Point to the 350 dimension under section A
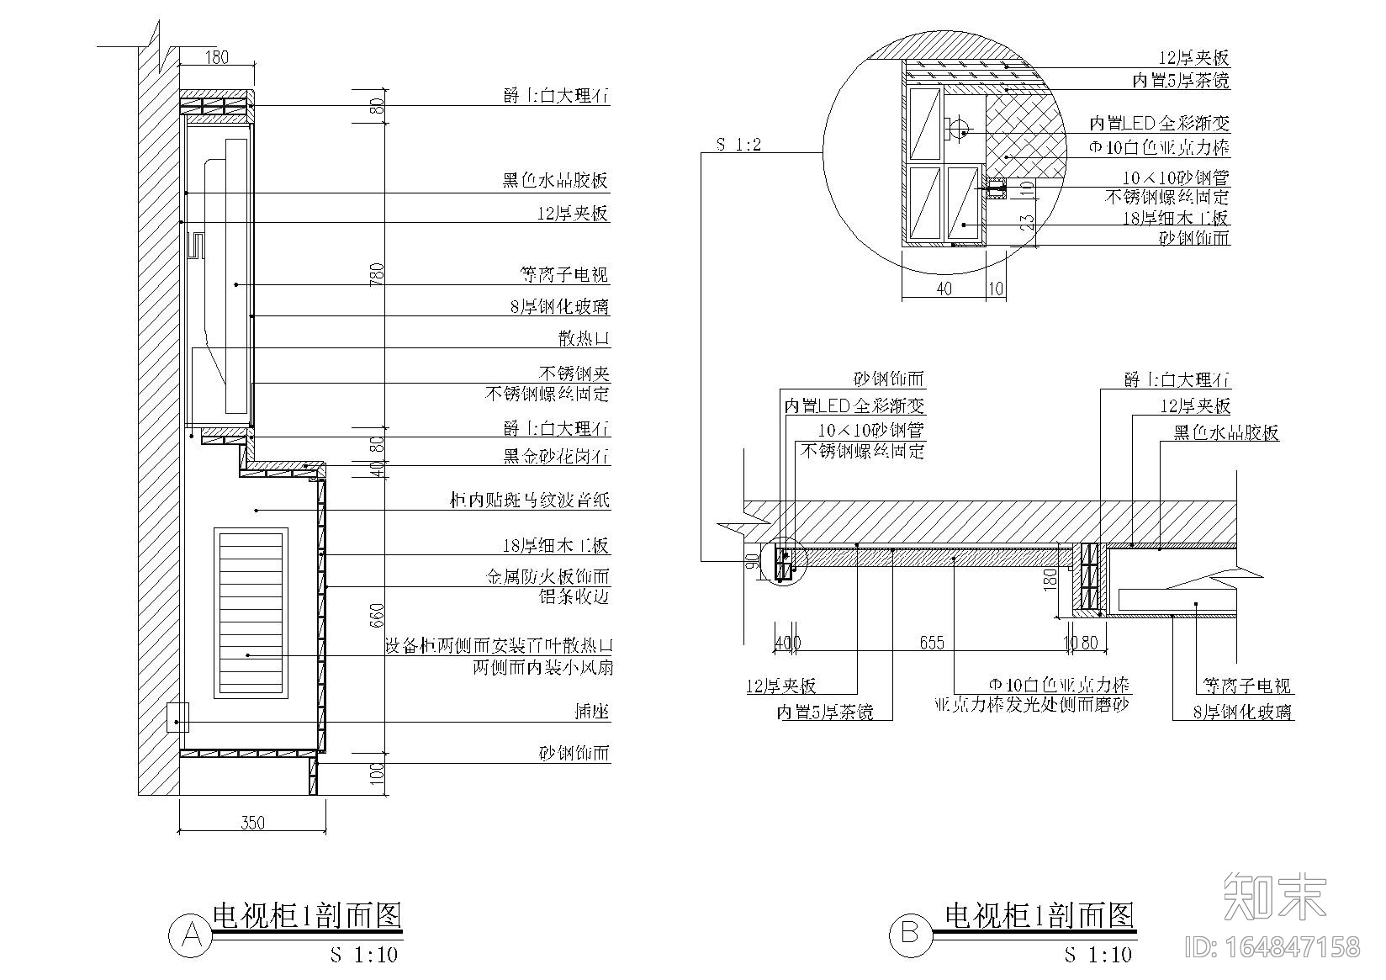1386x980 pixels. (x=252, y=822)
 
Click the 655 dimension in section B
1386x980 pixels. (x=931, y=643)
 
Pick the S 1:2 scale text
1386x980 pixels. (x=738, y=144)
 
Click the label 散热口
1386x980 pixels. (x=584, y=339)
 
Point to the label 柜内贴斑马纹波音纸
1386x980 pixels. (x=529, y=501)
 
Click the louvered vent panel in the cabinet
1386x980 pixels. (x=251, y=612)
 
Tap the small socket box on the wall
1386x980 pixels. (x=177, y=718)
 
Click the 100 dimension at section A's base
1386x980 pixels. (x=378, y=771)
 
